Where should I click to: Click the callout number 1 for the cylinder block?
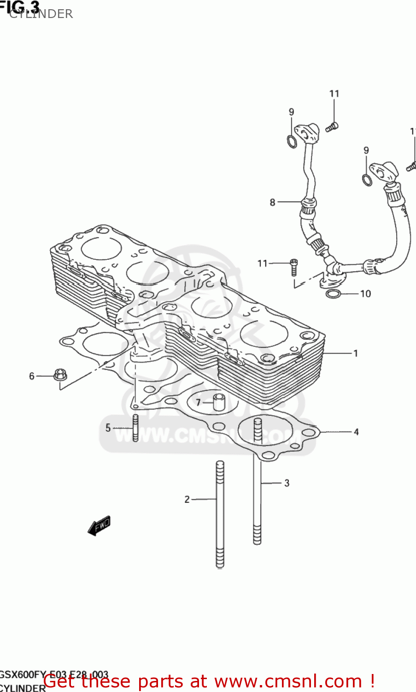tap(356, 353)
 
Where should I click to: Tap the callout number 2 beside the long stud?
tap(187, 499)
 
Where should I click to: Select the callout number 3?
tap(287, 483)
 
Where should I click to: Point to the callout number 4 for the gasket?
tap(356, 432)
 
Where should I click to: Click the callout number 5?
tap(108, 428)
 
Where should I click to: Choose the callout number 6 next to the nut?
tap(32, 376)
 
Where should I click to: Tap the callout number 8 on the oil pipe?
tap(272, 202)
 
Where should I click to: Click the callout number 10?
tap(365, 293)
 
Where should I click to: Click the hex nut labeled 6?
tap(59, 375)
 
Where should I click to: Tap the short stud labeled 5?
tap(135, 428)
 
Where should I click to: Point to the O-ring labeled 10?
tap(333, 294)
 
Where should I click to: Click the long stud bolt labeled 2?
tap(220, 514)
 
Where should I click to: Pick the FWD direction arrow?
tap(99, 525)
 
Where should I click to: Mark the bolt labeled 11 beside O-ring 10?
tap(294, 266)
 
